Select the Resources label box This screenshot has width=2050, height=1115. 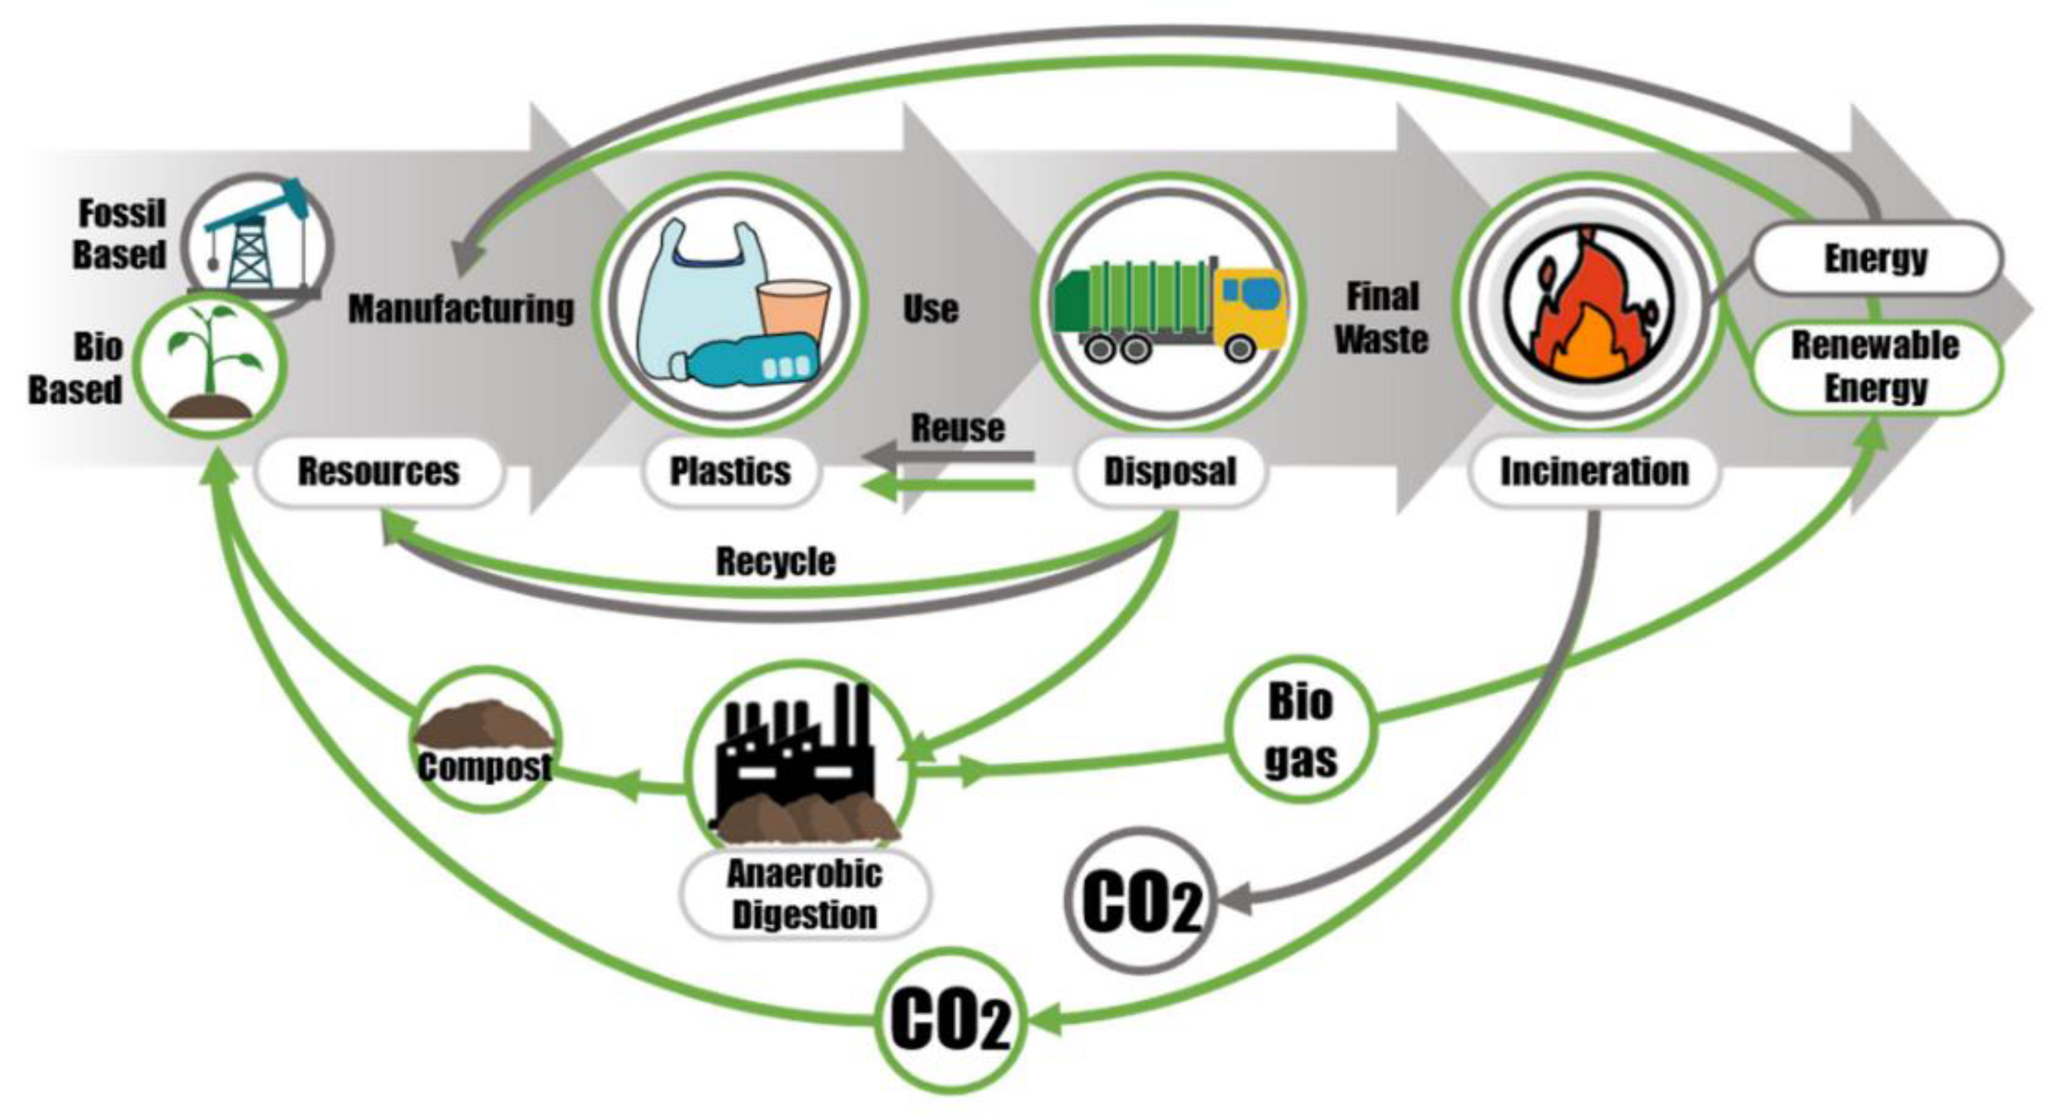pos(379,471)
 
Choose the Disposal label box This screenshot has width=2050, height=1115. pos(1170,471)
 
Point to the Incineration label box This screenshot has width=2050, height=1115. pos(1594,471)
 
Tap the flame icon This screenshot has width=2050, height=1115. pos(1588,306)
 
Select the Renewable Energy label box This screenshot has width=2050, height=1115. pos(1875,367)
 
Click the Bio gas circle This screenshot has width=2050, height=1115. pos(1301,729)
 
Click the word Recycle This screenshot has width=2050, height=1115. pos(776,561)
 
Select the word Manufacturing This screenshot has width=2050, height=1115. pos(461,309)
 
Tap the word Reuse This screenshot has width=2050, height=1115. pos(957,428)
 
